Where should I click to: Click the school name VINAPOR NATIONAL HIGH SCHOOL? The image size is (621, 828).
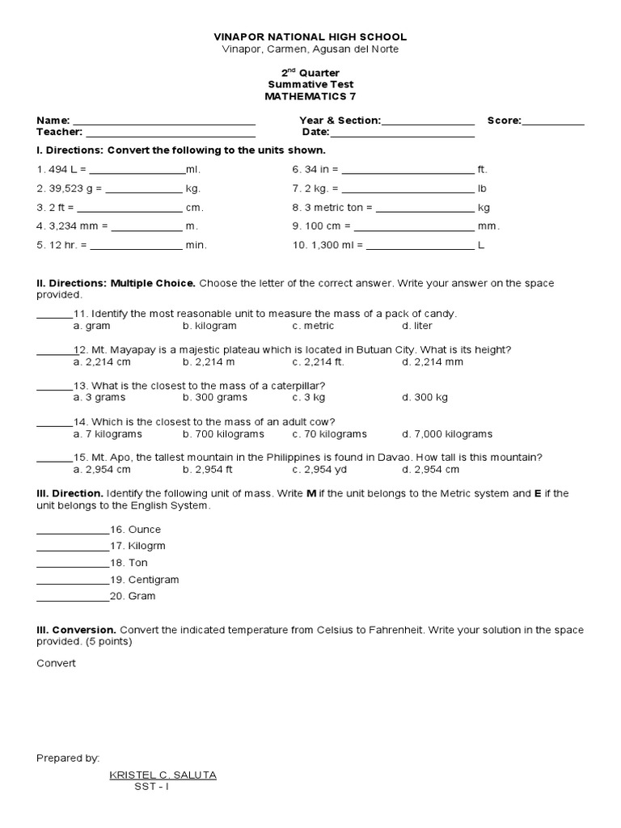[310, 37]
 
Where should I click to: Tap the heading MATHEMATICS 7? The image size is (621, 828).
[310, 96]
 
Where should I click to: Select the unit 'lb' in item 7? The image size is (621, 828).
[483, 189]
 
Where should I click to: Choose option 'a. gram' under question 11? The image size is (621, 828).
[91, 326]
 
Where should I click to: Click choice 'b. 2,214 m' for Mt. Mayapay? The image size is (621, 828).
[210, 361]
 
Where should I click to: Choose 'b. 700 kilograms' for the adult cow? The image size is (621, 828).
[221, 434]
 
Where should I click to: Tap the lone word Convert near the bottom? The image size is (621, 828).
[56, 663]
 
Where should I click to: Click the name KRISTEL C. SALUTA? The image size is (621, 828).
[163, 775]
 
